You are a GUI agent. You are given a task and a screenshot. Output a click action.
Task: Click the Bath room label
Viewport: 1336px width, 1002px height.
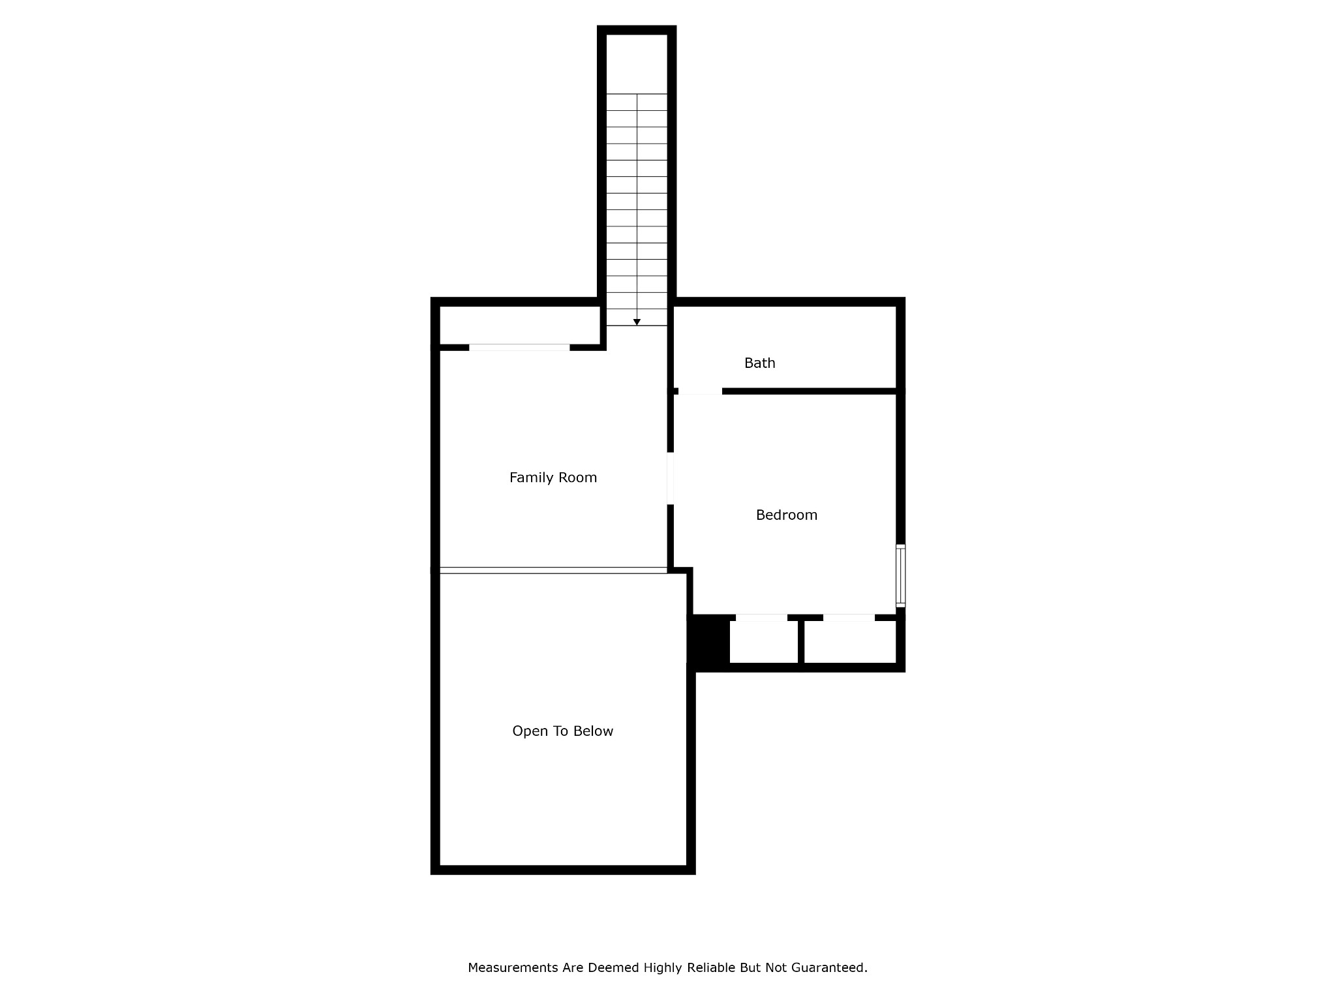point(759,363)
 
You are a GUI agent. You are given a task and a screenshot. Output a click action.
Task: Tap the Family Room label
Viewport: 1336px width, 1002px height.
point(553,478)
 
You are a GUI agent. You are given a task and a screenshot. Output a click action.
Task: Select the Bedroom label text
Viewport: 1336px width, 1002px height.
point(786,515)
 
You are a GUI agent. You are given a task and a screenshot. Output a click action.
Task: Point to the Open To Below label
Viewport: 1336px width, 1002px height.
point(562,731)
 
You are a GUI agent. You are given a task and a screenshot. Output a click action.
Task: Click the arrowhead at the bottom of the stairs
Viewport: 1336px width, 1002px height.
point(637,322)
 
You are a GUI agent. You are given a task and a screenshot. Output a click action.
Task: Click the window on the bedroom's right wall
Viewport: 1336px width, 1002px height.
point(900,576)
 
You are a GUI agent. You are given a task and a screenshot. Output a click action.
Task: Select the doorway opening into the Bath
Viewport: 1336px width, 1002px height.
point(700,391)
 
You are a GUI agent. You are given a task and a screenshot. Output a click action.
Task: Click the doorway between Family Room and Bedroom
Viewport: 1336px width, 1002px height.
point(670,478)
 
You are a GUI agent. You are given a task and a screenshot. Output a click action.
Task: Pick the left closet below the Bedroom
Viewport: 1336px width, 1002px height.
point(763,642)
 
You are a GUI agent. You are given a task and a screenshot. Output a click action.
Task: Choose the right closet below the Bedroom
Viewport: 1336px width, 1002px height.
point(849,642)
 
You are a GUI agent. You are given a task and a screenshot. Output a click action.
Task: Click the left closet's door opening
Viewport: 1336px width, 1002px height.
point(761,618)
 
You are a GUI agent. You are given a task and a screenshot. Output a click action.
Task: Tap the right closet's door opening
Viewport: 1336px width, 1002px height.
point(848,618)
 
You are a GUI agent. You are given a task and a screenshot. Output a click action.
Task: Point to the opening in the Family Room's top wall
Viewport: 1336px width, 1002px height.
point(519,348)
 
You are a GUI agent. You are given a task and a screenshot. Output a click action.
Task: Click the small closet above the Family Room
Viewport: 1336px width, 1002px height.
point(519,325)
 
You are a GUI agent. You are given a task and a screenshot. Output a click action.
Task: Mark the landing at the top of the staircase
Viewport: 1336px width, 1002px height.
point(637,64)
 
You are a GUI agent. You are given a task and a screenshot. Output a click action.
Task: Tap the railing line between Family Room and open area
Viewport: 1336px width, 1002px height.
point(553,570)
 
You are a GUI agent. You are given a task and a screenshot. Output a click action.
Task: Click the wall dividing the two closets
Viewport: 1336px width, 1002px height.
point(800,642)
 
